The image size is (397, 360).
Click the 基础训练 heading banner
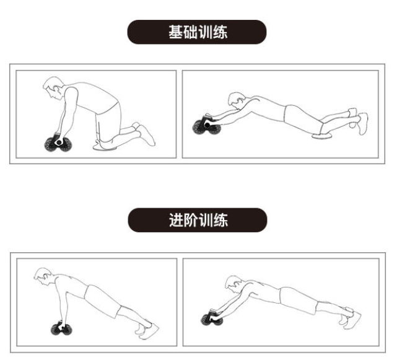click(197, 32)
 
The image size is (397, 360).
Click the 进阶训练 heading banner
click(197, 220)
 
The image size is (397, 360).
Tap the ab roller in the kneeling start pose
click(58, 144)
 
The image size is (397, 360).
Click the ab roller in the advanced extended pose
click(212, 318)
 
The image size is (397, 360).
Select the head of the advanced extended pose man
click(234, 283)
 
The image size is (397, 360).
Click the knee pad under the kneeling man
click(105, 147)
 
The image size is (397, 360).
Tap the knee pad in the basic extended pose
click(322, 136)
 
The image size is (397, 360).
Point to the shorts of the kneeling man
click(108, 122)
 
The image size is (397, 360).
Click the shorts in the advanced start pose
click(103, 301)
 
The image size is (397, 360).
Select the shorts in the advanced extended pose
click(299, 301)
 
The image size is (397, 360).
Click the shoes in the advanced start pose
click(147, 330)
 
